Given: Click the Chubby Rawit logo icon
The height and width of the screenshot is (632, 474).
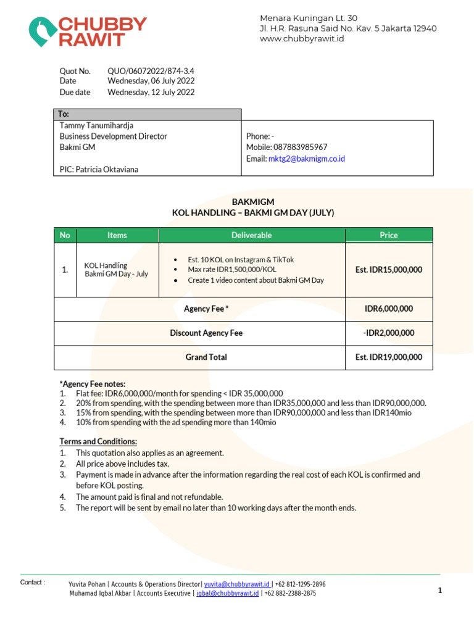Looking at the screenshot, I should tap(41, 31).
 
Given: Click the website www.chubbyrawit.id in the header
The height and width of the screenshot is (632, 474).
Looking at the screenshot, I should tap(302, 39).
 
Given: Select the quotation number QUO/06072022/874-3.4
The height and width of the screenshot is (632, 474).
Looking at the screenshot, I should tap(151, 71).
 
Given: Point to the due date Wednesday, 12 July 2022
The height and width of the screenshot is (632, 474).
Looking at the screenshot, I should tap(151, 93).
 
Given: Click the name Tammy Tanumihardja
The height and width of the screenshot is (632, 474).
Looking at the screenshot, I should tap(96, 125).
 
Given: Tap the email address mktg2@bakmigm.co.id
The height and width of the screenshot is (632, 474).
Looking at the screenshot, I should tap(307, 159).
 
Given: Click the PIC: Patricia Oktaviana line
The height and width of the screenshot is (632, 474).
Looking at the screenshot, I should tap(99, 169).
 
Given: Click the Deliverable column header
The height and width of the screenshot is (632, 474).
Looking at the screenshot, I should tap(251, 235).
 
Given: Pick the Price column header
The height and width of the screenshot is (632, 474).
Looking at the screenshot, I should tap(389, 235).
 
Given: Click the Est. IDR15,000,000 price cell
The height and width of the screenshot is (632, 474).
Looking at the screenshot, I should tap(389, 270).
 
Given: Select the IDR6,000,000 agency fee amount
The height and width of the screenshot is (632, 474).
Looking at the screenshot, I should tap(389, 309).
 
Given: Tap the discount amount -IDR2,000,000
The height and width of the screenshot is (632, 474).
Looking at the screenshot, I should tap(389, 333).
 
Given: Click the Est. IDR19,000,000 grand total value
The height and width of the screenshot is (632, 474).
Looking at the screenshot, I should tap(389, 357).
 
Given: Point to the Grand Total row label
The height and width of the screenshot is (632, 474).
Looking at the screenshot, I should tap(206, 357).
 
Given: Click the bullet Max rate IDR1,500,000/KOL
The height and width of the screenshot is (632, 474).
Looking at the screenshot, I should tap(232, 270).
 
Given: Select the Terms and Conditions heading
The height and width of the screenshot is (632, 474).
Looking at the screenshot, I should tap(98, 441).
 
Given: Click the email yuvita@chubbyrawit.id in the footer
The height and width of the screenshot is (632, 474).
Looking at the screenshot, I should tap(237, 584).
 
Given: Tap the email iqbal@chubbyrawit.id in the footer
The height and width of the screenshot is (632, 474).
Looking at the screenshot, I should tap(227, 593).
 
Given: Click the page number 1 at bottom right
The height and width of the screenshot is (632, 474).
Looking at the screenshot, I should tap(440, 591).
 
